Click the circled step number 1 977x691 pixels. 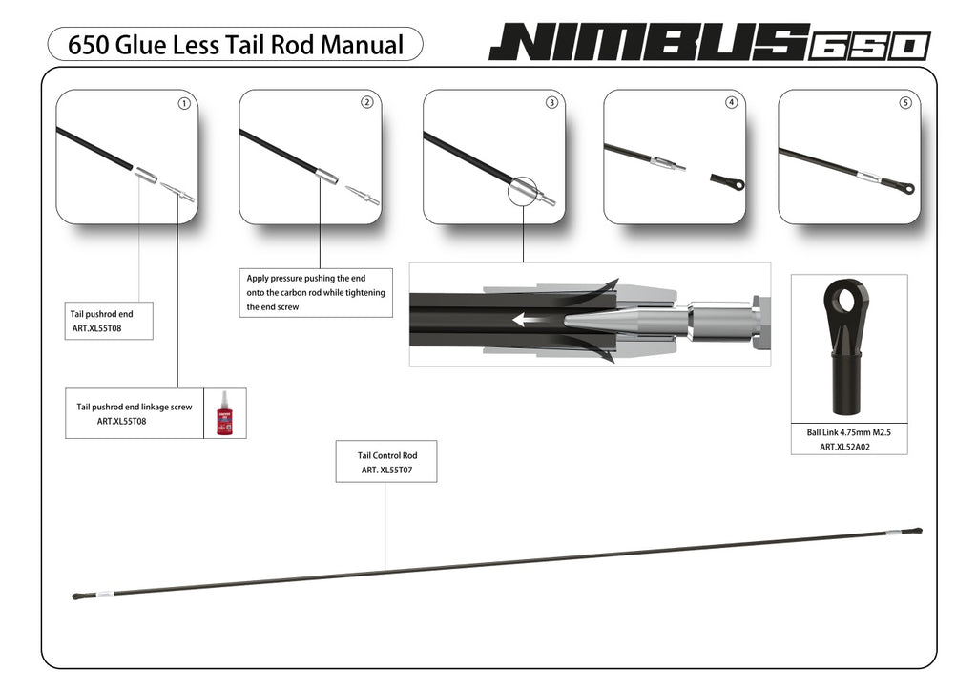(184, 103)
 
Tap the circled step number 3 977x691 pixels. (551, 103)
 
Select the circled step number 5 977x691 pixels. (905, 103)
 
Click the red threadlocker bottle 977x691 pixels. (225, 413)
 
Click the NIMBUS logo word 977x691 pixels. (649, 43)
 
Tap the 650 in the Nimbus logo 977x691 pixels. (869, 46)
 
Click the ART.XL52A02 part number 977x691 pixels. (848, 446)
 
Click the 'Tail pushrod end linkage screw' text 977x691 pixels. (135, 407)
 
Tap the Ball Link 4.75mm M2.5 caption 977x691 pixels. (848, 432)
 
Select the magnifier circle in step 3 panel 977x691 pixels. (524, 190)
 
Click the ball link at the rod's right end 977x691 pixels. (917, 530)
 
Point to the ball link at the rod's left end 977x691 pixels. (78, 597)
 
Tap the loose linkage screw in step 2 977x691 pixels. (364, 197)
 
